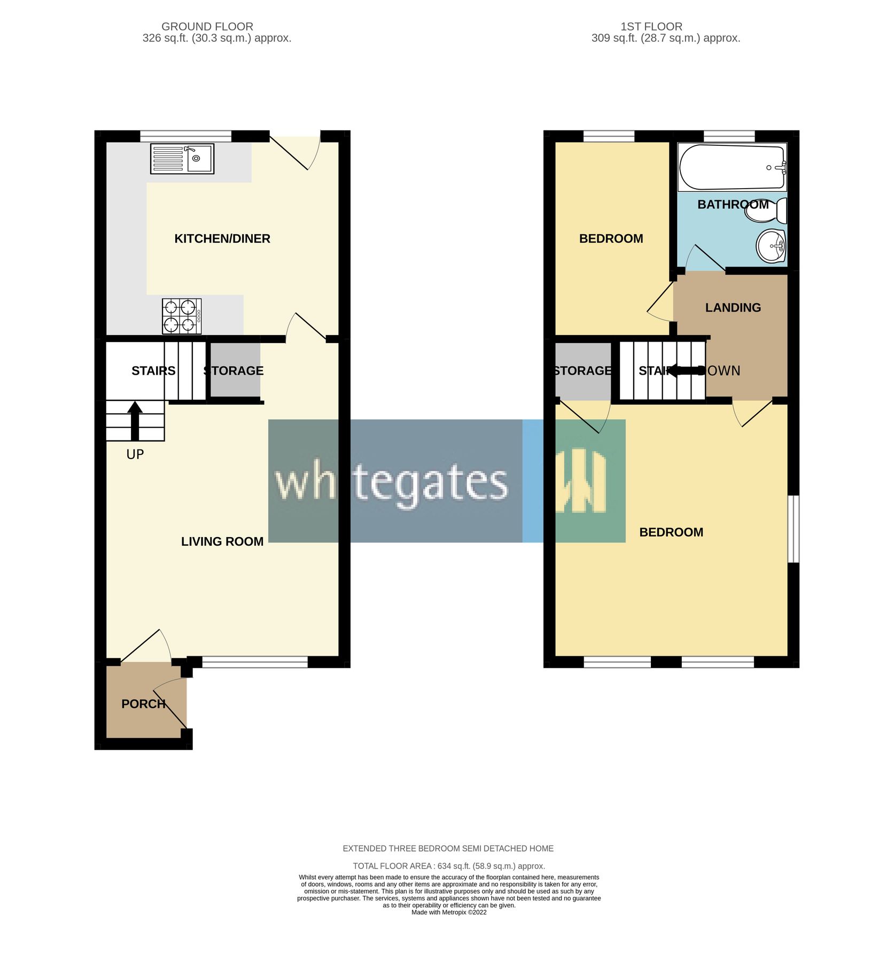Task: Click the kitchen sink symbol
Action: tap(182, 159)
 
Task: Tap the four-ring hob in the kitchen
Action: tap(182, 316)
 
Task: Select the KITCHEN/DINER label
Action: tap(222, 239)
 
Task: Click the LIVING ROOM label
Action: tap(222, 541)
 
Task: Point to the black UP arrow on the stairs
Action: tap(135, 421)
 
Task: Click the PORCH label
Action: tap(143, 704)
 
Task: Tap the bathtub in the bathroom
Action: tap(732, 167)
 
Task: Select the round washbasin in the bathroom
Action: tap(771, 246)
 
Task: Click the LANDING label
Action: tap(733, 308)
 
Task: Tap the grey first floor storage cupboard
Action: tap(582, 370)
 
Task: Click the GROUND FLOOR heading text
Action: tap(207, 27)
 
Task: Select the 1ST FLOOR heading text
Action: tap(651, 27)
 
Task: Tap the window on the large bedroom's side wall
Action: tap(794, 529)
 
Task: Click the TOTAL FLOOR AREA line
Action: tap(448, 866)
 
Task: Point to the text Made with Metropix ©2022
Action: tap(449, 912)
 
